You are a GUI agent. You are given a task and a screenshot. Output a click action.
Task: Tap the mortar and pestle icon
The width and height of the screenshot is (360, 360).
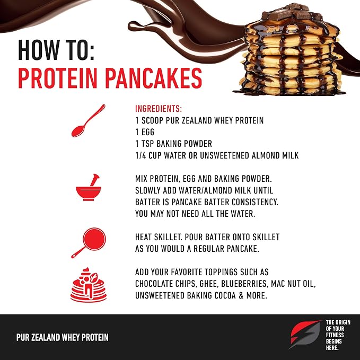tap(89, 187)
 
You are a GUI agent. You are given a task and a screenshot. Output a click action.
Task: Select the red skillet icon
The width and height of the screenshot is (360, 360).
tap(90, 242)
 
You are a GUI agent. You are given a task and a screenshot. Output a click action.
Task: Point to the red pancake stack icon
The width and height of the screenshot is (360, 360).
tap(89, 285)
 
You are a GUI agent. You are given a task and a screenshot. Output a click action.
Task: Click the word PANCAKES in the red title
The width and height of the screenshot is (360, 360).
tap(154, 78)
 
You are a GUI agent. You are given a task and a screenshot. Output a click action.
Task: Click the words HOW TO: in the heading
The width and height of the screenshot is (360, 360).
tap(56, 50)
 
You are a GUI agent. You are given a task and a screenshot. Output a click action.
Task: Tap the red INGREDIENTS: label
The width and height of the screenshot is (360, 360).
tap(159, 109)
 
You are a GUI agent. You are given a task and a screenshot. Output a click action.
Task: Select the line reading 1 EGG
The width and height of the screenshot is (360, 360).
tap(145, 132)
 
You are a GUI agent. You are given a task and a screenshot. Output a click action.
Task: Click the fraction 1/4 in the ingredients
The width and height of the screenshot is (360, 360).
tap(141, 155)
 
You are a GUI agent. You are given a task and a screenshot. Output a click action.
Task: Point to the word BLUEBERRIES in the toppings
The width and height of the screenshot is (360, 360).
tap(244, 284)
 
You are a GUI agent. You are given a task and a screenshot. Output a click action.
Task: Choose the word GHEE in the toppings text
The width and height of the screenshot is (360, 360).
tap(208, 284)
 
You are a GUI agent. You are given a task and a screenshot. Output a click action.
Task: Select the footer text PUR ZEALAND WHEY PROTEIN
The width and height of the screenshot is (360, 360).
tap(62, 337)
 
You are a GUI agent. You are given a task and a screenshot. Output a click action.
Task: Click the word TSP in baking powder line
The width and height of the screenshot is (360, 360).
tap(147, 144)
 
